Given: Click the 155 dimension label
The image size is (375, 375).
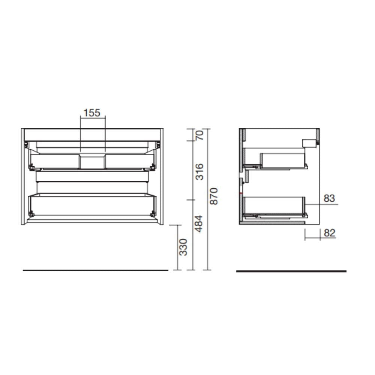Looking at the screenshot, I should coord(92,112).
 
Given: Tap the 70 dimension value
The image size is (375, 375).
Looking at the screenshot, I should coord(199,135).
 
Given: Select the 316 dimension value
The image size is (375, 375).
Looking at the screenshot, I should coord(199,171).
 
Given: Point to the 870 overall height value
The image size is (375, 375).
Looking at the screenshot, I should coord(214,196).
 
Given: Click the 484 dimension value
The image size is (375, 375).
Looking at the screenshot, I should coord(199,223).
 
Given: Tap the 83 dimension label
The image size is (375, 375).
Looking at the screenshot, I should coord(329,198).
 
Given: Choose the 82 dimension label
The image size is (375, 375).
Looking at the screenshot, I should coord(329,233).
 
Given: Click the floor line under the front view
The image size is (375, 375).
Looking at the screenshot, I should coord(95,270).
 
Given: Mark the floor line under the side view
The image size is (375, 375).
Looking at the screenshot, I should coord(291,271).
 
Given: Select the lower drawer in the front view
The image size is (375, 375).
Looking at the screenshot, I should coord(92,204).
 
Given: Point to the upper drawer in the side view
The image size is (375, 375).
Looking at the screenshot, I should coord(283,160).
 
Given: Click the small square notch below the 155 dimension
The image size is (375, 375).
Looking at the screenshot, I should coord(93,162).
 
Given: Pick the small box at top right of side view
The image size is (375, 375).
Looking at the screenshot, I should coord(309,143).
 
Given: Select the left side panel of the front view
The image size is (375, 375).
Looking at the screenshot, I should coord(24,176).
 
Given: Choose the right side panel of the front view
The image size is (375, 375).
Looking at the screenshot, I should coord(161,176).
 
